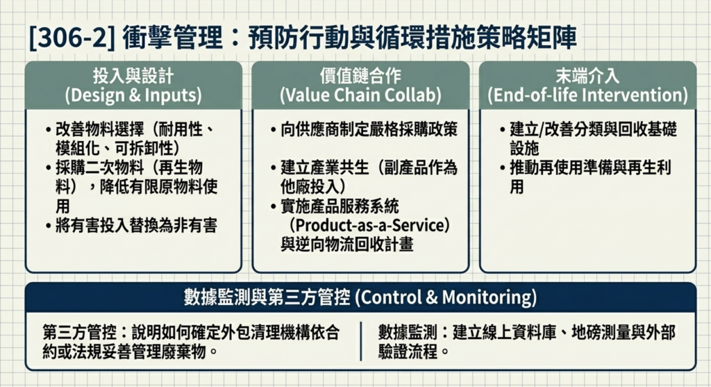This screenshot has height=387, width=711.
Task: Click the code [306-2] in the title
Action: pyautogui.click(x=72, y=38)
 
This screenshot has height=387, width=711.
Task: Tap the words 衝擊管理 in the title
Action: pyautogui.click(x=172, y=38)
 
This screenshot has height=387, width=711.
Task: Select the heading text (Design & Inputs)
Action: pyautogui.click(x=133, y=95)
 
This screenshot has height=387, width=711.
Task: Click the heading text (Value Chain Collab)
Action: pyautogui.click(x=360, y=95)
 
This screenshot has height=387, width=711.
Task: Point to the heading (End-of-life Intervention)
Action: pyautogui.click(x=587, y=95)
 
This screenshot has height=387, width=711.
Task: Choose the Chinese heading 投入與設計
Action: pyautogui.click(x=133, y=76)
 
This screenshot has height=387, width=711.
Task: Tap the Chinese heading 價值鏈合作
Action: pyautogui.click(x=360, y=76)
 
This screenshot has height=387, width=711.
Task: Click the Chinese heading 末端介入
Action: pyautogui.click(x=587, y=76)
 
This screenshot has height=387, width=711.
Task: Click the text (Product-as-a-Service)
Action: pyautogui.click(x=369, y=226)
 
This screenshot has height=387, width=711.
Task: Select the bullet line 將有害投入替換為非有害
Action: pyautogui.click(x=136, y=226)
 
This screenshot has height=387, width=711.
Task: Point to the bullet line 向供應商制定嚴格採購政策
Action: pyautogui.click(x=369, y=130)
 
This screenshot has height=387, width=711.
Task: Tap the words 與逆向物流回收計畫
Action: pyautogui.click(x=347, y=245)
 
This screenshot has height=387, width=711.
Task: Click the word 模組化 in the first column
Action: pyautogui.click(x=78, y=149)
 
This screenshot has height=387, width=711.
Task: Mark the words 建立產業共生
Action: pyautogui.click(x=325, y=168)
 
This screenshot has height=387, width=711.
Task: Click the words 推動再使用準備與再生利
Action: pyautogui.click(x=590, y=168)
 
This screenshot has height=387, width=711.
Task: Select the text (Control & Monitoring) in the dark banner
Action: pyautogui.click(x=446, y=297)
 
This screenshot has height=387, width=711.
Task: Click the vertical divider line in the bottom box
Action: pyautogui.click(x=361, y=341)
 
